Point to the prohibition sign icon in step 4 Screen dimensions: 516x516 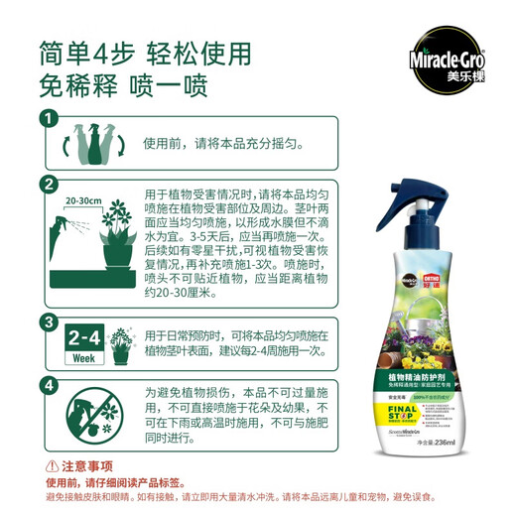[x=96, y=418]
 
